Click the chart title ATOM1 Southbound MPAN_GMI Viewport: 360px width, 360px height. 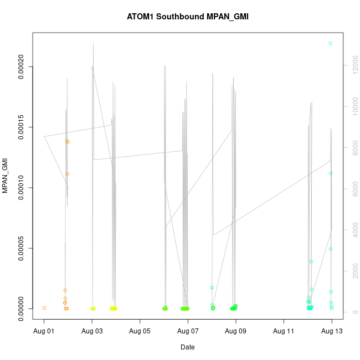188,17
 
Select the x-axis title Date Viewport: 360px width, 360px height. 188,347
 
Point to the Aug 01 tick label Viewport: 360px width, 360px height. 44,331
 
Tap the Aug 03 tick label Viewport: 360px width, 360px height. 92,331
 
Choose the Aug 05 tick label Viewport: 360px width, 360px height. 140,331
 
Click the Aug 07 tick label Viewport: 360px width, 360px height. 188,331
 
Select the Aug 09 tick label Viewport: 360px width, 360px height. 236,331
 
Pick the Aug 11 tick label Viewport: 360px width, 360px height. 284,331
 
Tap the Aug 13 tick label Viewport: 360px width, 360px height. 332,331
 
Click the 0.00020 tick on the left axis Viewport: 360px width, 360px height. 21,67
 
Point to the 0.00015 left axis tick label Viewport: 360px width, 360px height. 21,127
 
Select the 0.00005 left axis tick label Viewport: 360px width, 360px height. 21,248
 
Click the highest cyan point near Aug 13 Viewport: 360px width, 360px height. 331,43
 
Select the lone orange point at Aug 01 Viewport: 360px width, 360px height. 44,308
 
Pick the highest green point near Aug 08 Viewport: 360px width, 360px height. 212,287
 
